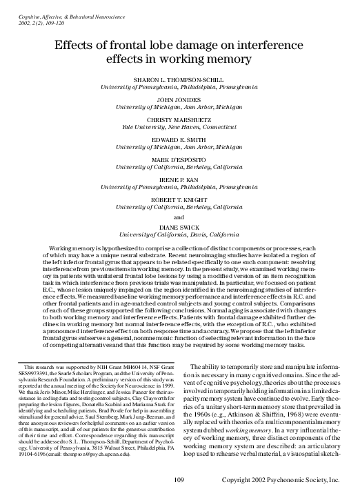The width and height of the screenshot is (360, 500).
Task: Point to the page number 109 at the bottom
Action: point(179,479)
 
